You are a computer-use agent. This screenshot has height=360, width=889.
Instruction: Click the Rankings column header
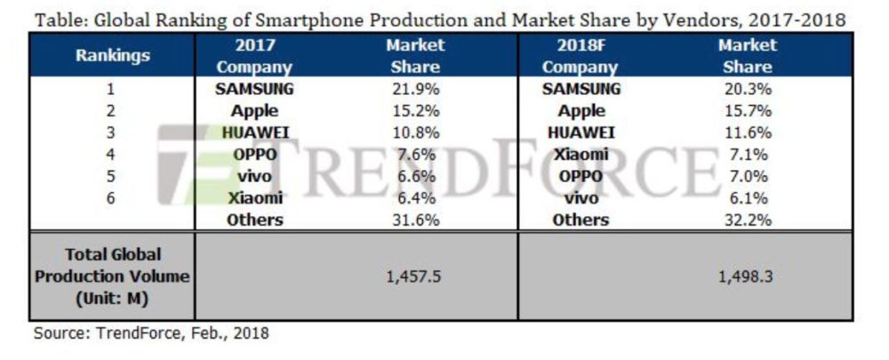coord(112,55)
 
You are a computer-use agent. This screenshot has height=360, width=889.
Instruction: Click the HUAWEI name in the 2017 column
coord(254,132)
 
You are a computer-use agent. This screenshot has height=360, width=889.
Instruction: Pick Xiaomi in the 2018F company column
coord(581,155)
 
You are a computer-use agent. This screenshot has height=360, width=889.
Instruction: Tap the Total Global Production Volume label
coord(112,276)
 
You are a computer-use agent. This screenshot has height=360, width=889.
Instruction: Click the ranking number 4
coord(112,155)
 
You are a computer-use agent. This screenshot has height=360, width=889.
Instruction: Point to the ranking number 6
coord(112,198)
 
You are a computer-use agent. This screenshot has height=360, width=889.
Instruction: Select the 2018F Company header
coord(581,55)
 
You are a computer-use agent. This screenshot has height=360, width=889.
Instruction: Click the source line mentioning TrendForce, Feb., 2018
coord(151,334)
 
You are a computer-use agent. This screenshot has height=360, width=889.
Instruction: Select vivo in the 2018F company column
coord(581,198)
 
